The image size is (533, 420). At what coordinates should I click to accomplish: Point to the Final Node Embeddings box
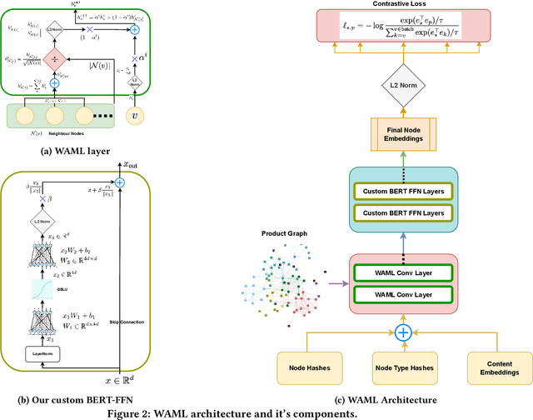pyautogui.click(x=402, y=133)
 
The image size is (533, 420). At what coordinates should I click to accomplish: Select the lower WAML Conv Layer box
pyautogui.click(x=402, y=294)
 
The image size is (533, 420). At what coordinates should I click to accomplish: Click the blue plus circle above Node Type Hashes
pyautogui.click(x=402, y=332)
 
